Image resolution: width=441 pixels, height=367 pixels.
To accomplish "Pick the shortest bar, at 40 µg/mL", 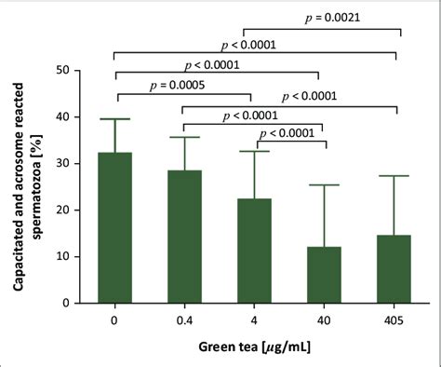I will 323,275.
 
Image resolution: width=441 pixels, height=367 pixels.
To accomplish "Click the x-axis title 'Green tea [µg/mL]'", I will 252,349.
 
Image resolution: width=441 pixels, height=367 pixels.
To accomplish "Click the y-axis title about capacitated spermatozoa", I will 26,186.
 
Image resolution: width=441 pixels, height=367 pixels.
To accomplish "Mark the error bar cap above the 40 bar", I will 323,185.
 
